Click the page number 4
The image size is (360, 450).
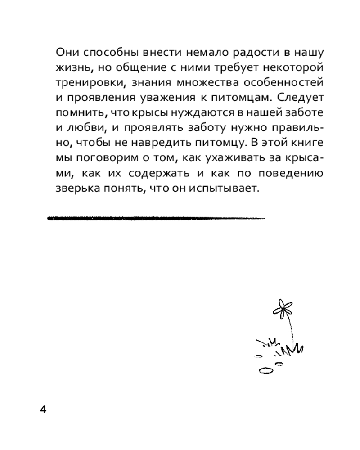click(44, 409)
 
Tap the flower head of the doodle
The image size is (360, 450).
click(282, 308)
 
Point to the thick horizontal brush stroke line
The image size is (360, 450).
click(155, 218)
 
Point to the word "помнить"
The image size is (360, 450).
click(77, 114)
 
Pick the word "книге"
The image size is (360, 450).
click(307, 144)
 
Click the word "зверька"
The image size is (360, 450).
click(75, 189)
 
